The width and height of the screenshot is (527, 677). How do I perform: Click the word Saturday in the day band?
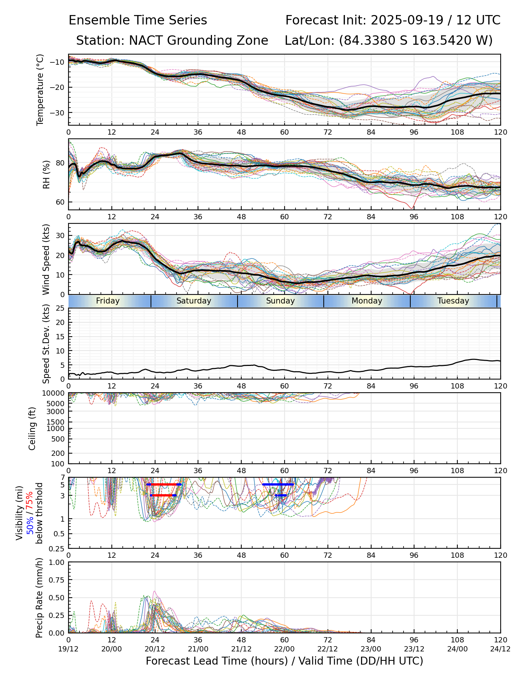pyautogui.click(x=194, y=301)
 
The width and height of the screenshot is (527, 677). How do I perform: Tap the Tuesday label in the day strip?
pyautogui.click(x=453, y=301)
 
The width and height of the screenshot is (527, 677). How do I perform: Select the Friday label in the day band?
pyautogui.click(x=108, y=301)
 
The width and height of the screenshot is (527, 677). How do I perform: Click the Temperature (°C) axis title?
pyautogui.click(x=40, y=90)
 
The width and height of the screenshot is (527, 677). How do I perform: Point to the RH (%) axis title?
pyautogui.click(x=46, y=175)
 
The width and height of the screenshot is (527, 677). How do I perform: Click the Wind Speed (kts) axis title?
pyautogui.click(x=46, y=259)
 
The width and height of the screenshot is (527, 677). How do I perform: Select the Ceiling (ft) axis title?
pyautogui.click(x=32, y=428)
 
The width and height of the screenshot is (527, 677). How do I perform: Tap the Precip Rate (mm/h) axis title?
pyautogui.click(x=39, y=598)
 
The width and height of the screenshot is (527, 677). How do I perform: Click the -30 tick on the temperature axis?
pyautogui.click(x=60, y=113)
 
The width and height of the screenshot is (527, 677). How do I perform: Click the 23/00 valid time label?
pyautogui.click(x=371, y=649)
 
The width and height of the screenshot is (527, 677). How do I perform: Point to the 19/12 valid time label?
pyautogui.click(x=69, y=649)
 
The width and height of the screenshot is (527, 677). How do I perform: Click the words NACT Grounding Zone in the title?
pyautogui.click(x=198, y=41)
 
